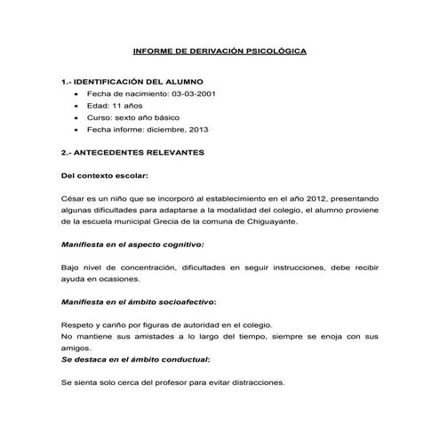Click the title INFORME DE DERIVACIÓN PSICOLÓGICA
click(220, 52)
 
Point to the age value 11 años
click(119, 105)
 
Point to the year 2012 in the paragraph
click(290, 198)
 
